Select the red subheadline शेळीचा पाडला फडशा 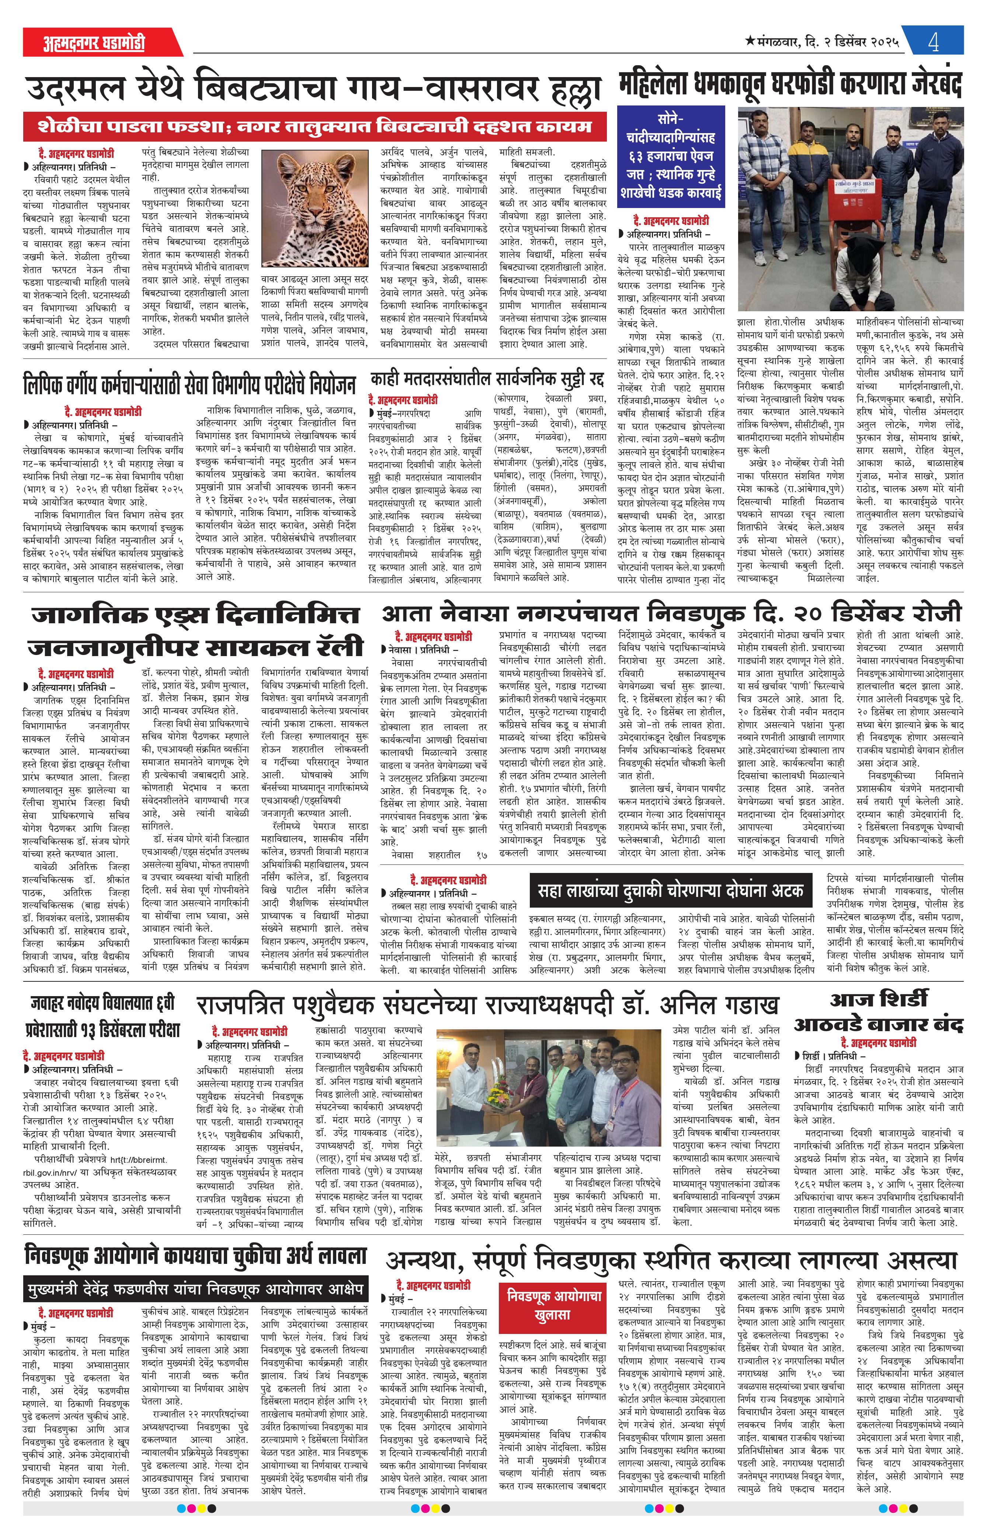(x=315, y=126)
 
